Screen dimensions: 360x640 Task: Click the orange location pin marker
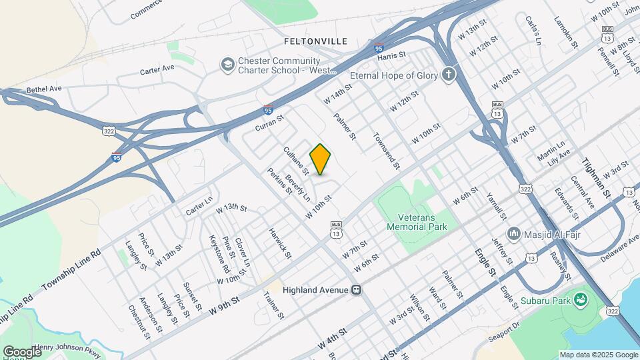(320, 159)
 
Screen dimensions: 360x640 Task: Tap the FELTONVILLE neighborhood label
(315, 41)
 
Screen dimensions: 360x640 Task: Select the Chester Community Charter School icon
(227, 64)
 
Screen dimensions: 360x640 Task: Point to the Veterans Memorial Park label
(417, 222)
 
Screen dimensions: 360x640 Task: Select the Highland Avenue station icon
(357, 290)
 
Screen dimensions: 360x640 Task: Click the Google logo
(22, 351)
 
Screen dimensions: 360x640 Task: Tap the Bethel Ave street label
(44, 89)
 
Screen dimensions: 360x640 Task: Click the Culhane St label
(295, 161)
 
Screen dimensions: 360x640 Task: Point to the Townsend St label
(386, 151)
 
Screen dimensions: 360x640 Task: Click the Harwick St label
(280, 243)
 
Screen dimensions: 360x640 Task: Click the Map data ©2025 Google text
(597, 355)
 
